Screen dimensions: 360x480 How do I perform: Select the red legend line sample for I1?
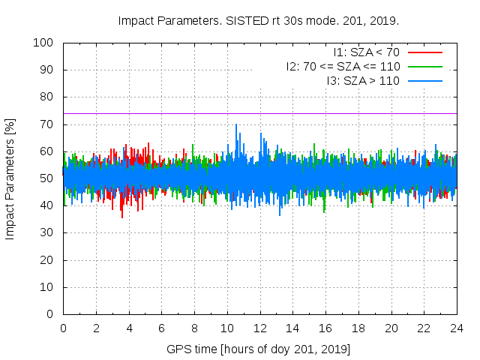pos(425,52)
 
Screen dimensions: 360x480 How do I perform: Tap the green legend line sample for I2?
pos(425,66)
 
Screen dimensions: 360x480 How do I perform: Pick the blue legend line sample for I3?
pos(425,79)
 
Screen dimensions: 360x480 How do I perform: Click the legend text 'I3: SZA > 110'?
pos(363,79)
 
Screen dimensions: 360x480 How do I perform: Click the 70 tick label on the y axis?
pos(49,124)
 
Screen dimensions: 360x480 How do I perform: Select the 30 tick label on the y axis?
pos(49,233)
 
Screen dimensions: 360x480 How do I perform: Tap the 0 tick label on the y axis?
pos(52,314)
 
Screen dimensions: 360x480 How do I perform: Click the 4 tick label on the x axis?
pos(129,328)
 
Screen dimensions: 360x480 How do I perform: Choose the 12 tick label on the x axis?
pos(260,328)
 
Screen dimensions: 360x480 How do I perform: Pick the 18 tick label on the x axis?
pos(358,328)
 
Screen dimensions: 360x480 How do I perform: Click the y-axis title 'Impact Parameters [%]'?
pos(10,178)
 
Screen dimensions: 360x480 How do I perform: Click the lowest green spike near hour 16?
pos(325,211)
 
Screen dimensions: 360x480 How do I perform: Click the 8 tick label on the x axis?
pos(194,328)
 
